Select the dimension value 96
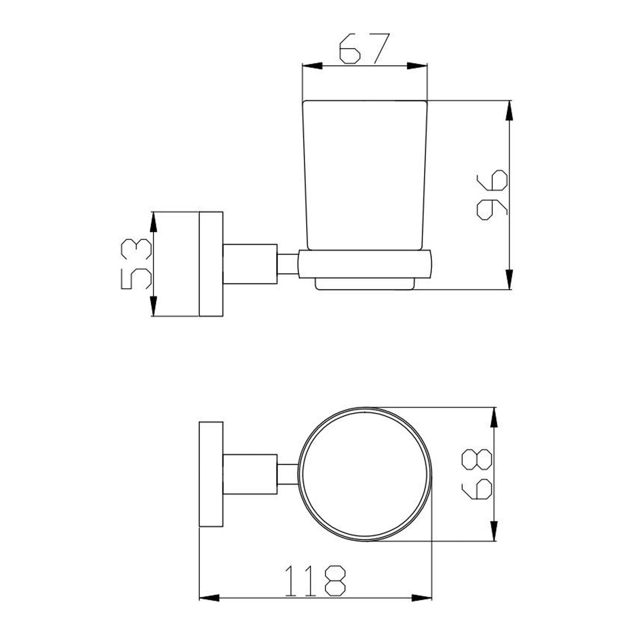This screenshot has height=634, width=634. [492, 195]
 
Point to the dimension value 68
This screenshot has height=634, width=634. [477, 474]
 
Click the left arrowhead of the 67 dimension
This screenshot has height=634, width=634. [313, 66]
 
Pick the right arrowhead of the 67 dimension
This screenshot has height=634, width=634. [417, 66]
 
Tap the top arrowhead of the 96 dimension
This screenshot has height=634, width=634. [509, 111]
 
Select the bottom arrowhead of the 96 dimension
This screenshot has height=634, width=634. [509, 280]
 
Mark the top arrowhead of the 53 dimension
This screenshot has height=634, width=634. [153, 222]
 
